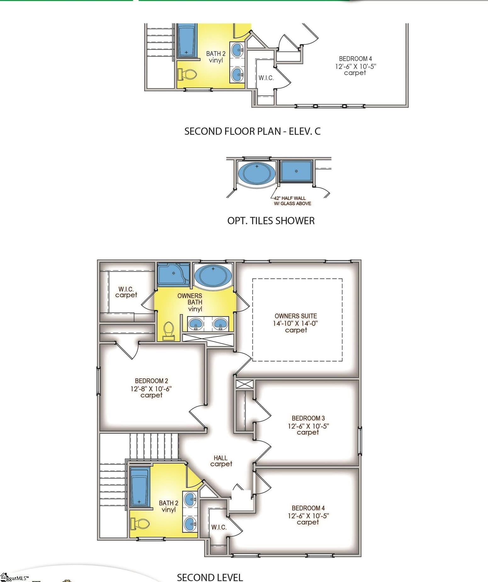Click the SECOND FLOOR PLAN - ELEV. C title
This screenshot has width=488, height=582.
pos(252,131)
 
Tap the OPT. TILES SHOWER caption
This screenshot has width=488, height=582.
pos(271,221)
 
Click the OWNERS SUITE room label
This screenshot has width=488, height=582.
pos(296,316)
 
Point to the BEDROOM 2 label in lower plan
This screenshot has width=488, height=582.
pos(151,381)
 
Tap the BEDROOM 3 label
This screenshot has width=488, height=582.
pos(308,418)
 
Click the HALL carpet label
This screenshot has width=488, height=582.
pos(221,461)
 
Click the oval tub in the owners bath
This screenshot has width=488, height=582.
pos(213,275)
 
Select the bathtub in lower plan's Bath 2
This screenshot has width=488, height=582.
pos(140,487)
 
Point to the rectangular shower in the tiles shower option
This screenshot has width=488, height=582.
pos(296,171)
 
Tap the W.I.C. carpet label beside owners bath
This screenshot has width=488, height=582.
pos(126,292)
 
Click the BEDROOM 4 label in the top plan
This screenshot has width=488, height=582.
pos(355,59)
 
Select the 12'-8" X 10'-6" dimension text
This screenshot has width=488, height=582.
pos(151,389)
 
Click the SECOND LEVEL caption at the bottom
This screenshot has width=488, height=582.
pos(210,577)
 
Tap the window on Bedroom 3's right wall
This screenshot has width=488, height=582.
pos(360,441)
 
